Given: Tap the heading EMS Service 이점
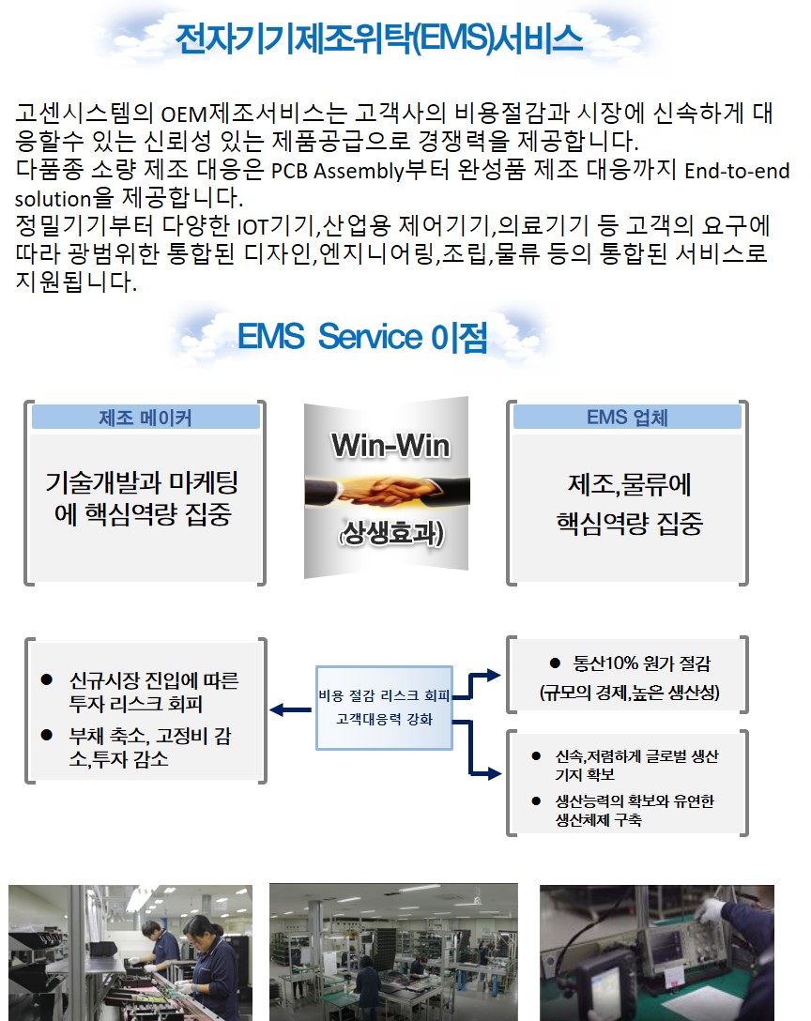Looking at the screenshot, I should [361, 335].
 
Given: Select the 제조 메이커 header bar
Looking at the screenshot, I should [145, 418].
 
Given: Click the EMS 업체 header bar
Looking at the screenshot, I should [627, 418].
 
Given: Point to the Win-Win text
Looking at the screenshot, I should [390, 446].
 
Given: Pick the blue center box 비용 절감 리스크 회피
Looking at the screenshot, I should [385, 707].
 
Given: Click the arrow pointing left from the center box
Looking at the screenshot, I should [289, 710].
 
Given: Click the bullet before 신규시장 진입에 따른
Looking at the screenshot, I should [45, 678].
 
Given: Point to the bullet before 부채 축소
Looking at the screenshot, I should [45, 734].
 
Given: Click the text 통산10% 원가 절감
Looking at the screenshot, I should [642, 663].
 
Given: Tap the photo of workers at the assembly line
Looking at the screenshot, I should [130, 952].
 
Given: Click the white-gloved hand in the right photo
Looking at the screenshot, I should [714, 909].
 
